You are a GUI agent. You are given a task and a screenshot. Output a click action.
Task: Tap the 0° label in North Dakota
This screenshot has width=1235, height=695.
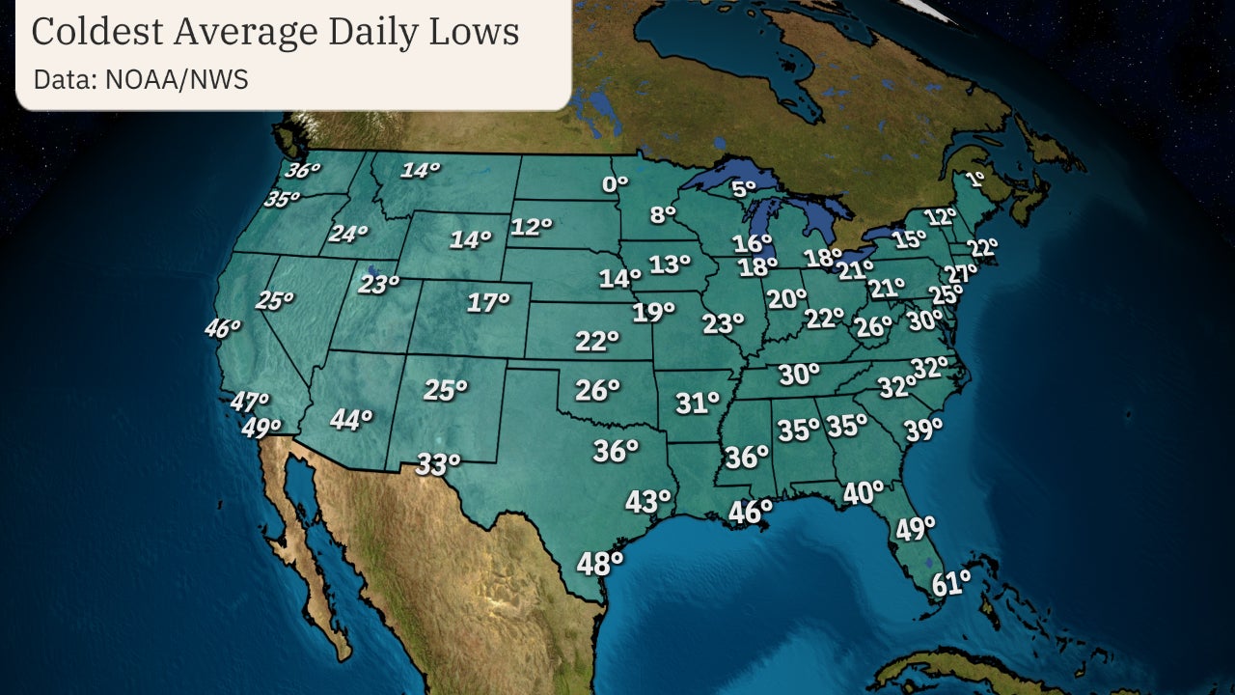[x=616, y=182]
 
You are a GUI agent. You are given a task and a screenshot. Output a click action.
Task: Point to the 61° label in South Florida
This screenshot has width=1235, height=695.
[x=951, y=583]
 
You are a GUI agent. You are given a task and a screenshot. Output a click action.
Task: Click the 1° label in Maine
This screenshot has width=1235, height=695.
[x=974, y=179]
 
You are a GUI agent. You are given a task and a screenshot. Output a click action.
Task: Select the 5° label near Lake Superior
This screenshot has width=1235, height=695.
[x=744, y=189]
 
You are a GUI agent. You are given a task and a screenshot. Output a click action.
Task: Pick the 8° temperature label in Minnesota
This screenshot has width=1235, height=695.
[x=663, y=215]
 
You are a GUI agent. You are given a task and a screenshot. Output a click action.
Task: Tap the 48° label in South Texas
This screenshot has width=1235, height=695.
[x=599, y=563]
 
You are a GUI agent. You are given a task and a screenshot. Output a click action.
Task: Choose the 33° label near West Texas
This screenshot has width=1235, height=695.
[x=438, y=464]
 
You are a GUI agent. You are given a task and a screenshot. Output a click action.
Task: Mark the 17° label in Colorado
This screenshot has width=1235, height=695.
[x=488, y=303]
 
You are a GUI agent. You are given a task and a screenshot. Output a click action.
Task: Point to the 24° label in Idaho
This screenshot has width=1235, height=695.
[x=348, y=234]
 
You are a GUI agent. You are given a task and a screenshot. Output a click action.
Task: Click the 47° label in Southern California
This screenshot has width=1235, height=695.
[x=249, y=402]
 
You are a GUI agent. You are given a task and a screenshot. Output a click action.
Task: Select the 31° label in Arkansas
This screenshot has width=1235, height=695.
[x=698, y=403]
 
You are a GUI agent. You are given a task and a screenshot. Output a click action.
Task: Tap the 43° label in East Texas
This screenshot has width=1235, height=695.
[x=647, y=502]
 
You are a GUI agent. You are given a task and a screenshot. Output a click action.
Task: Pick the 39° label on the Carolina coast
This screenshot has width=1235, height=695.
[x=922, y=430]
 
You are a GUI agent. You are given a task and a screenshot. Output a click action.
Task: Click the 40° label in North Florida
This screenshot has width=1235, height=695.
[x=863, y=493]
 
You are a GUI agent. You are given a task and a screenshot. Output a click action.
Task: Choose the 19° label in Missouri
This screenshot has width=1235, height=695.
[x=653, y=313]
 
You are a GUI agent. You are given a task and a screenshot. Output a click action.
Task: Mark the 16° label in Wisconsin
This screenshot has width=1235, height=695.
[x=752, y=243]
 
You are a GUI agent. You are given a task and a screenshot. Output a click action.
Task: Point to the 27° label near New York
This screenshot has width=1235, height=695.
[x=961, y=273]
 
